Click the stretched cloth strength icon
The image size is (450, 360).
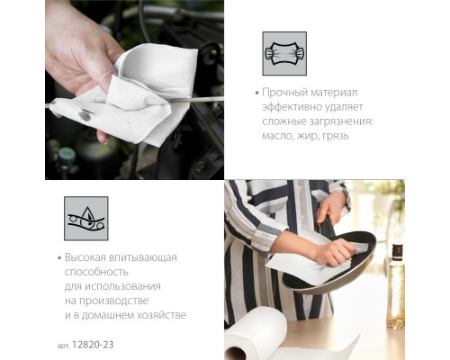point(284,53)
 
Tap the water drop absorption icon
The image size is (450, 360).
point(86,219)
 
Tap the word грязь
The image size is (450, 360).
point(336,136)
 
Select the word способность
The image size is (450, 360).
point(96,272)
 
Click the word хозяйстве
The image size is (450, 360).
point(161,315)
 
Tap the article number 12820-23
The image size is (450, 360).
point(93,345)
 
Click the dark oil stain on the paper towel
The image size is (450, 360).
point(85,114)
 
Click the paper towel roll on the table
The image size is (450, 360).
point(255,334)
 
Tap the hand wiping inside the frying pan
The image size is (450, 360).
point(336,252)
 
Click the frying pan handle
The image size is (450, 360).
point(327,229)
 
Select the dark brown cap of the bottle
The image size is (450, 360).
point(398,253)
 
